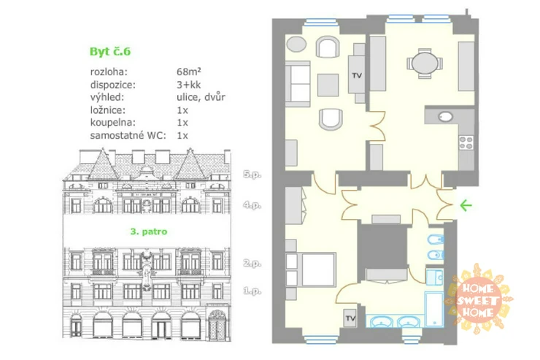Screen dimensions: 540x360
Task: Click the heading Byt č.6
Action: click(110, 51)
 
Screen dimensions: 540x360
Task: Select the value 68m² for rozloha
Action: click(189, 72)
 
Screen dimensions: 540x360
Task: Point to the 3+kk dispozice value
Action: click(188, 85)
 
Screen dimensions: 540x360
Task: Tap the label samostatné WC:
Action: click(128, 135)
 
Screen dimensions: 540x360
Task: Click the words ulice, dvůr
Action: click(201, 97)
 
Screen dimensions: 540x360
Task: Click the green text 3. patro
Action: click(148, 231)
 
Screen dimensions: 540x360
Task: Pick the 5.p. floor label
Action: click(252, 175)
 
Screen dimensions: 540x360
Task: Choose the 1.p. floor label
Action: click(252, 291)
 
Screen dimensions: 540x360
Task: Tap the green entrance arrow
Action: click(466, 206)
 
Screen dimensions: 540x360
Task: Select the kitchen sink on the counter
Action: click(445, 117)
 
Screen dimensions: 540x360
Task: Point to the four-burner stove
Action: click(466, 142)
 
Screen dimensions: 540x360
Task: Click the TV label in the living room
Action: click(357, 75)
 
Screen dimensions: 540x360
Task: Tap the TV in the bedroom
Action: click(350, 318)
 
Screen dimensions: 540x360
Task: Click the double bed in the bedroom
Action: click(311, 269)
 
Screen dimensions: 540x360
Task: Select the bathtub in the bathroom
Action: click(433, 309)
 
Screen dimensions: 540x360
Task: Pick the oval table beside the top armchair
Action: click(296, 44)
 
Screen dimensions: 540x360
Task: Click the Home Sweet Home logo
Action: click(478, 299)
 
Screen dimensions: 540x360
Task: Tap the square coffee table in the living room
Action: click(328, 85)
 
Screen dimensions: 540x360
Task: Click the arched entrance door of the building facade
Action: click(217, 325)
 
